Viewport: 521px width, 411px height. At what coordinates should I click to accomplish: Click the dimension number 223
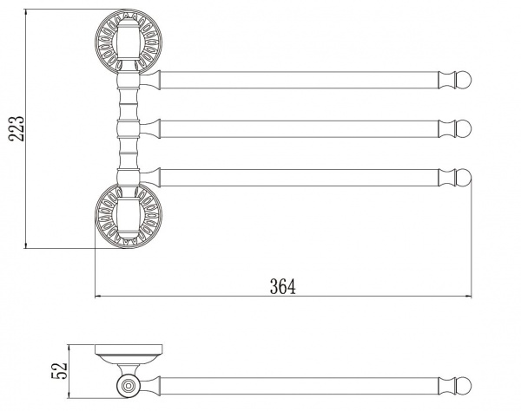(16, 129)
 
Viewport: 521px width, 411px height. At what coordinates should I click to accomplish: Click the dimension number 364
(283, 287)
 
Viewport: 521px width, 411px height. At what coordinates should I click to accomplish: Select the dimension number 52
(59, 370)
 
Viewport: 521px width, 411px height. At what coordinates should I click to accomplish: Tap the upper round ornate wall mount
(129, 42)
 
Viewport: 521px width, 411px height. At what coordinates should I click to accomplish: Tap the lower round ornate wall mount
(129, 216)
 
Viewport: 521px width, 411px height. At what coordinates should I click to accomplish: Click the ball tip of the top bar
(464, 80)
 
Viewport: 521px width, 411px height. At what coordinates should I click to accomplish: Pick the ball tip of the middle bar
(464, 128)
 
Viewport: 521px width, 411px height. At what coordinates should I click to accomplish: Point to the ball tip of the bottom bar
(464, 177)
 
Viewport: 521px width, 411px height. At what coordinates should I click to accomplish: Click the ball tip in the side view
(464, 386)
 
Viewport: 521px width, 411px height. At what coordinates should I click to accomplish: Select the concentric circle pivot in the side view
(129, 386)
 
